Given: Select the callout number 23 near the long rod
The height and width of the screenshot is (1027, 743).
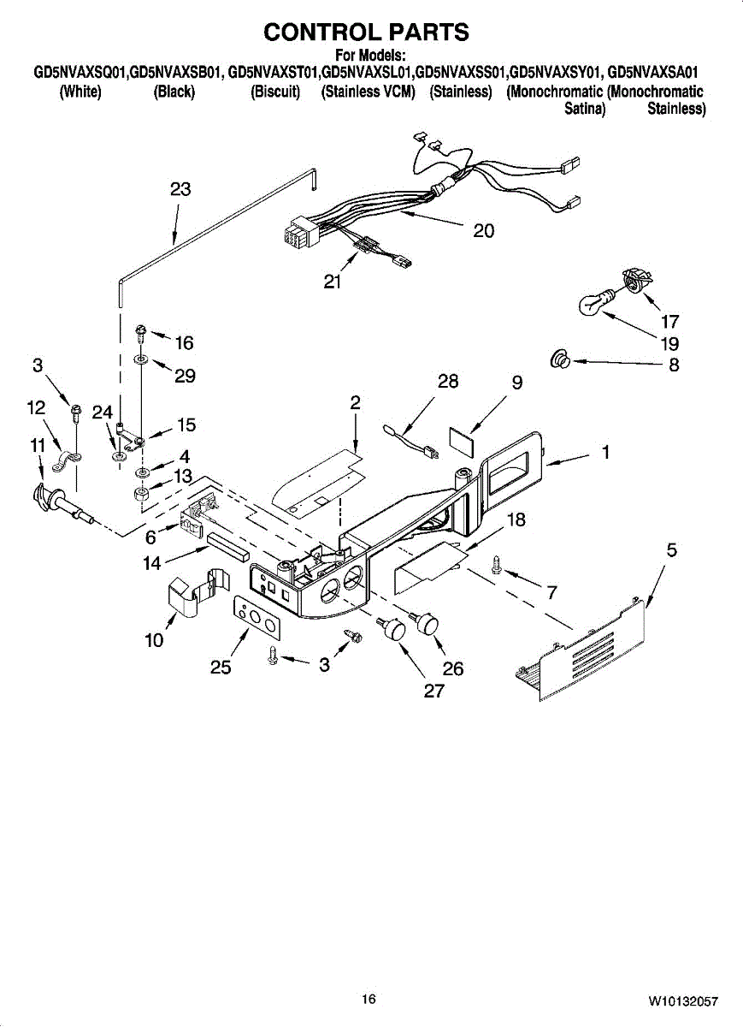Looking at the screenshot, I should click(180, 190).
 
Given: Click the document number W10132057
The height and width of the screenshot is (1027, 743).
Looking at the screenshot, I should click(682, 1000).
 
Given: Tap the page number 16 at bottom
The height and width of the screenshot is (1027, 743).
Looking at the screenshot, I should click(369, 999).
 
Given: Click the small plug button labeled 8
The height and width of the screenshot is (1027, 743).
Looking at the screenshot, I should click(560, 361).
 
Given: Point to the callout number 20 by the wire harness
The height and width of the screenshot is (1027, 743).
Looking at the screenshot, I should click(484, 230).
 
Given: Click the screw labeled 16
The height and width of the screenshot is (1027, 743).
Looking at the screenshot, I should click(141, 331).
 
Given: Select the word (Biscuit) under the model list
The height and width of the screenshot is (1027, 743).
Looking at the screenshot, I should click(275, 92).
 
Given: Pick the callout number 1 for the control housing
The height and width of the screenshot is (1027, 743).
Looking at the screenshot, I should click(605, 453).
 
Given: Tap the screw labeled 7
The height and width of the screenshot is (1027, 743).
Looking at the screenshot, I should click(496, 563).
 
